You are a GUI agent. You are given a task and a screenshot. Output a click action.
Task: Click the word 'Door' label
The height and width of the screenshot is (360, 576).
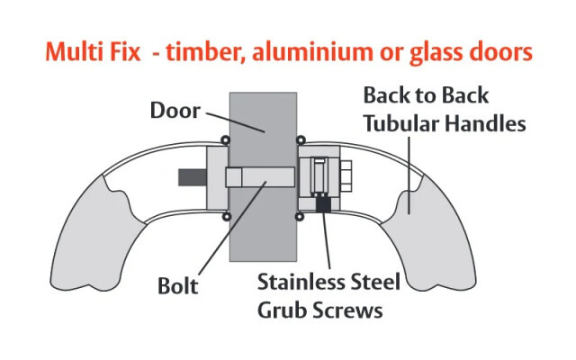[175, 110]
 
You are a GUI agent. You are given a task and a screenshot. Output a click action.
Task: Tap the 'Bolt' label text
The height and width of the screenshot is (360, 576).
[178, 286]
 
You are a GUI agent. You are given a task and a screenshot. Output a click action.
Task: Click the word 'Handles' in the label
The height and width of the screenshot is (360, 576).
[486, 123]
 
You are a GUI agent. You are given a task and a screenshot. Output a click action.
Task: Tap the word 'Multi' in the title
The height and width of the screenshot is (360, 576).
[72, 52]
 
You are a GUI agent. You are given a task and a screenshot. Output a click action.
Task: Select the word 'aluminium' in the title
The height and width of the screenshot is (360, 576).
[312, 52]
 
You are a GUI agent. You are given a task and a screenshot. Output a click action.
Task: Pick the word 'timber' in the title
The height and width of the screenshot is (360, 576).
[205, 52]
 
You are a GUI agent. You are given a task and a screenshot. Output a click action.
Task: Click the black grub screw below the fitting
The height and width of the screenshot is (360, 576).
[323, 202]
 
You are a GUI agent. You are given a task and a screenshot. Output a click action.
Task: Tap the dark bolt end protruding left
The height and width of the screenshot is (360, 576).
[193, 177]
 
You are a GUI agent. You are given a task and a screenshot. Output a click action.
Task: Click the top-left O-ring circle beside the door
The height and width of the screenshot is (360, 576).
[225, 140]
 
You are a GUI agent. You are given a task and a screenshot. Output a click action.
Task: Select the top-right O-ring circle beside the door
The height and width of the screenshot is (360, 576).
[301, 140]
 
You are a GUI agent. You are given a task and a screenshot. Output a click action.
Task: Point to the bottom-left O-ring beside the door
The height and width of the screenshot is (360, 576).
[227, 217]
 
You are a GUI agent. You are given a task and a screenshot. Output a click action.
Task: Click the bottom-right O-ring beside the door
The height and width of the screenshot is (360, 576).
[300, 217]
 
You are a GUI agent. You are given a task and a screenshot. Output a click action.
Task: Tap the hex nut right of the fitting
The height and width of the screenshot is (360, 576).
[346, 176]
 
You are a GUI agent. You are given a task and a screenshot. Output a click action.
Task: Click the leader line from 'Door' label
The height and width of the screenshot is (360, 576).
[235, 122]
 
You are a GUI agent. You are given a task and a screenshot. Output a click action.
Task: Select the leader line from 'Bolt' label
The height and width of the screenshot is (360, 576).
[232, 228]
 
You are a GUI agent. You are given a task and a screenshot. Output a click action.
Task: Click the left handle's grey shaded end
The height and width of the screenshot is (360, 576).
[96, 235]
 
